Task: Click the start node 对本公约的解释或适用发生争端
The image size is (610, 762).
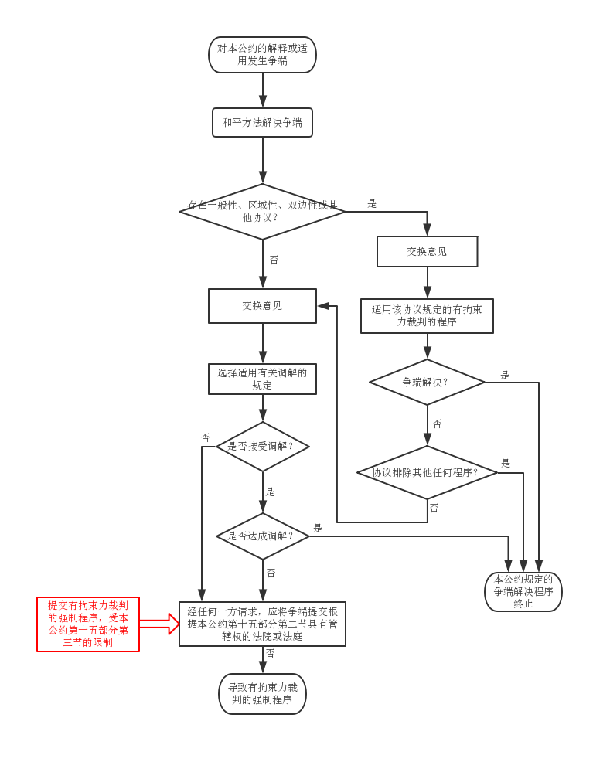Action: (x=262, y=55)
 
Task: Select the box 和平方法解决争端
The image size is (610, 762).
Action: (x=262, y=122)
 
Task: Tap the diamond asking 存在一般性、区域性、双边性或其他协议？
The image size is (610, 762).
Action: (x=262, y=211)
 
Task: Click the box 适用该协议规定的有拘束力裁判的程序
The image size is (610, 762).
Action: (x=427, y=316)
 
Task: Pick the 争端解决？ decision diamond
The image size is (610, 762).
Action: (x=427, y=382)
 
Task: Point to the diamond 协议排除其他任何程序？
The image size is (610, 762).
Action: (x=427, y=472)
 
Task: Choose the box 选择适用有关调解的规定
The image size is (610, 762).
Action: (x=262, y=379)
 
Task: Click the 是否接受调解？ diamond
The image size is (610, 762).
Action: (x=262, y=446)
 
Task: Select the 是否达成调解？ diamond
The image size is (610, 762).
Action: (x=262, y=536)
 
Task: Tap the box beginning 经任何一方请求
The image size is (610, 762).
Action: (x=262, y=624)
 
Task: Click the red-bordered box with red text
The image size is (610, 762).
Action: (x=88, y=624)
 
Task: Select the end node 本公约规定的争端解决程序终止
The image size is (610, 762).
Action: (x=523, y=591)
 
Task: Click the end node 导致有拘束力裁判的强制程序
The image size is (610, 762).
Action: (x=262, y=693)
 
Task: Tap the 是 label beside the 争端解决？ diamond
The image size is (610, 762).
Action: (x=505, y=375)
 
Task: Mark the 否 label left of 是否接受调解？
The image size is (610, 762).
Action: (x=205, y=437)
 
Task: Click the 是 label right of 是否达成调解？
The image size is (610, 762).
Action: (x=318, y=528)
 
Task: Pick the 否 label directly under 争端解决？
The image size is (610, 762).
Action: (x=437, y=424)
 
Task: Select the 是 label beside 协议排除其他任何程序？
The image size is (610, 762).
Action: (x=506, y=463)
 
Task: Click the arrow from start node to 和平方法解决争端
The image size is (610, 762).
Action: (x=263, y=90)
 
